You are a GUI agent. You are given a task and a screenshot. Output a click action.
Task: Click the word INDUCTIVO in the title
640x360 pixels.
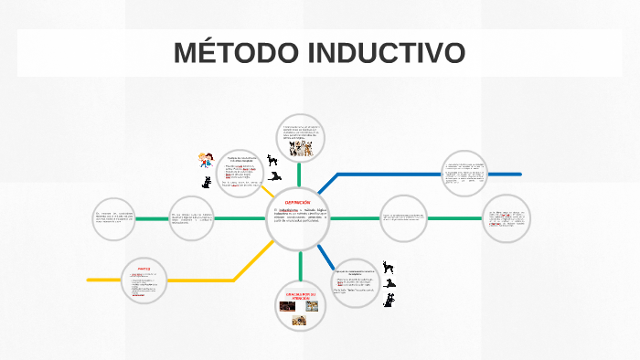[388, 53]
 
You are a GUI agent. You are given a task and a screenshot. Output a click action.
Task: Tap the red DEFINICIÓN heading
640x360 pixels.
[298, 202]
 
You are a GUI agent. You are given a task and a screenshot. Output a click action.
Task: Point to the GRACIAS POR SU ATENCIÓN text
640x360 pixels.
[299, 295]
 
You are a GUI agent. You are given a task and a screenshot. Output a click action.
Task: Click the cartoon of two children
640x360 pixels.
[208, 159]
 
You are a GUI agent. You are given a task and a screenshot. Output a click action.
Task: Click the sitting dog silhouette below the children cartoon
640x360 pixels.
[207, 182]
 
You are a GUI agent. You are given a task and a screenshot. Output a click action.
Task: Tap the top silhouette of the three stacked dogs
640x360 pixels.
[389, 267]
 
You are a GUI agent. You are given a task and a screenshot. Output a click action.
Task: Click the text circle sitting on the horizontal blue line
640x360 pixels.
[464, 174]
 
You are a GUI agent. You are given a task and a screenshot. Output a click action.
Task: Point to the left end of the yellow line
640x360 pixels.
[89, 280]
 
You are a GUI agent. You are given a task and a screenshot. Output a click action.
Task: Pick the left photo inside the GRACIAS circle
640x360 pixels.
[286, 307]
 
